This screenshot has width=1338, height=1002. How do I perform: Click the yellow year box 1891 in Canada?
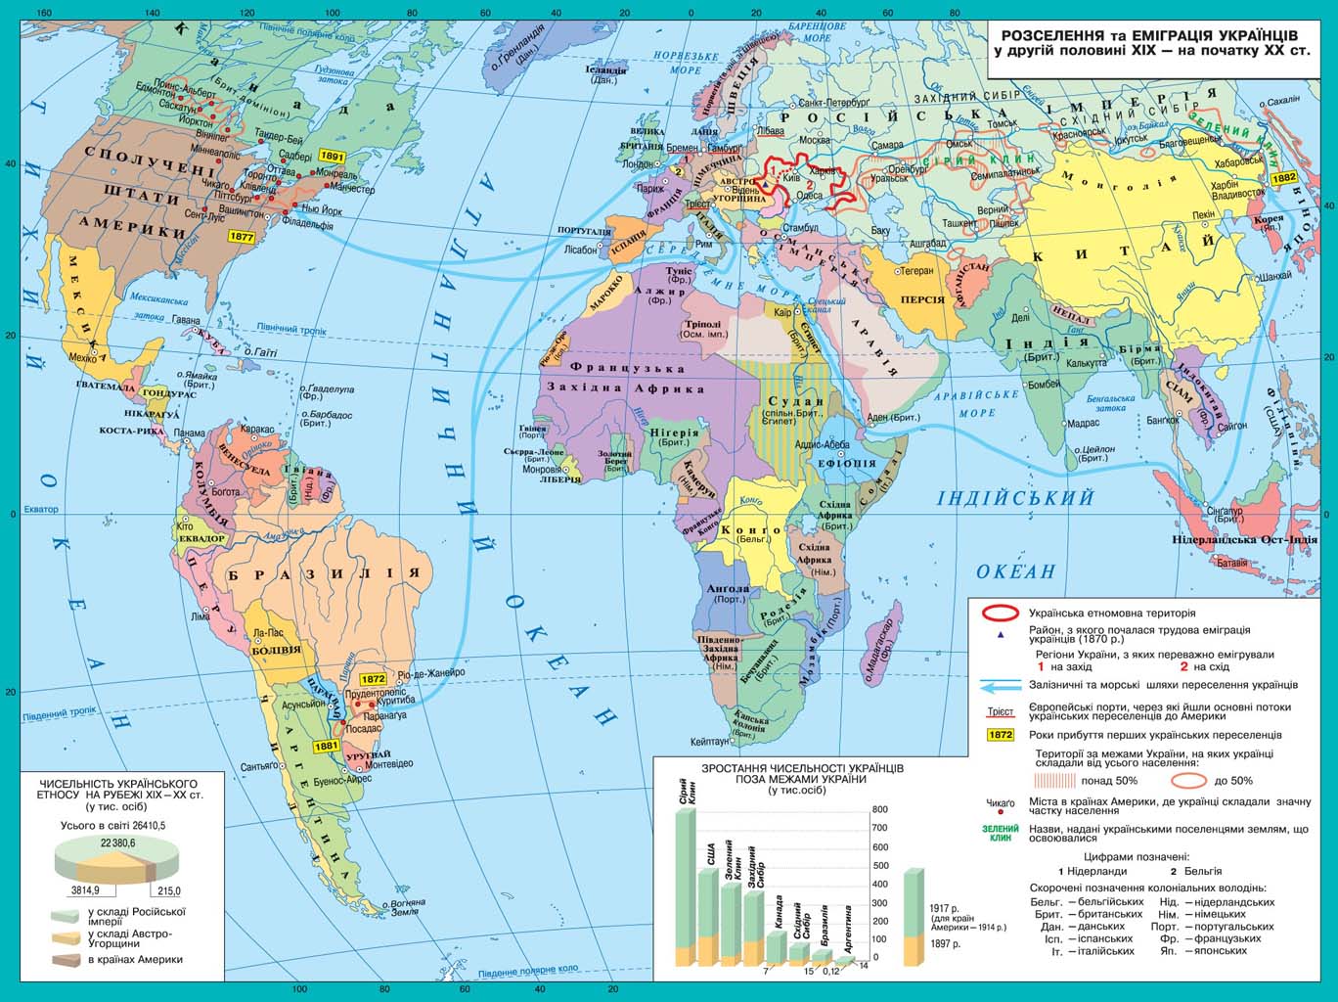coord(332,157)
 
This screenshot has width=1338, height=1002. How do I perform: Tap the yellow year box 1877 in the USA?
coord(241,236)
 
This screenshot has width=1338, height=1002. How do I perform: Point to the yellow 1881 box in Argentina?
coord(327,746)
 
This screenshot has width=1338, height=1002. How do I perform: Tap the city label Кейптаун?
coord(709,741)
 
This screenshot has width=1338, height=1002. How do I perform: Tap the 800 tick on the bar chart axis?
coord(880,809)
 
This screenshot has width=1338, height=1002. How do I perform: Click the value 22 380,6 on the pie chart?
coord(118,842)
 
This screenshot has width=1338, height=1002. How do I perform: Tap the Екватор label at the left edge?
coord(41,509)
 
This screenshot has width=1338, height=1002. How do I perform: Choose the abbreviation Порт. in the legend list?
coord(1164,926)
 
